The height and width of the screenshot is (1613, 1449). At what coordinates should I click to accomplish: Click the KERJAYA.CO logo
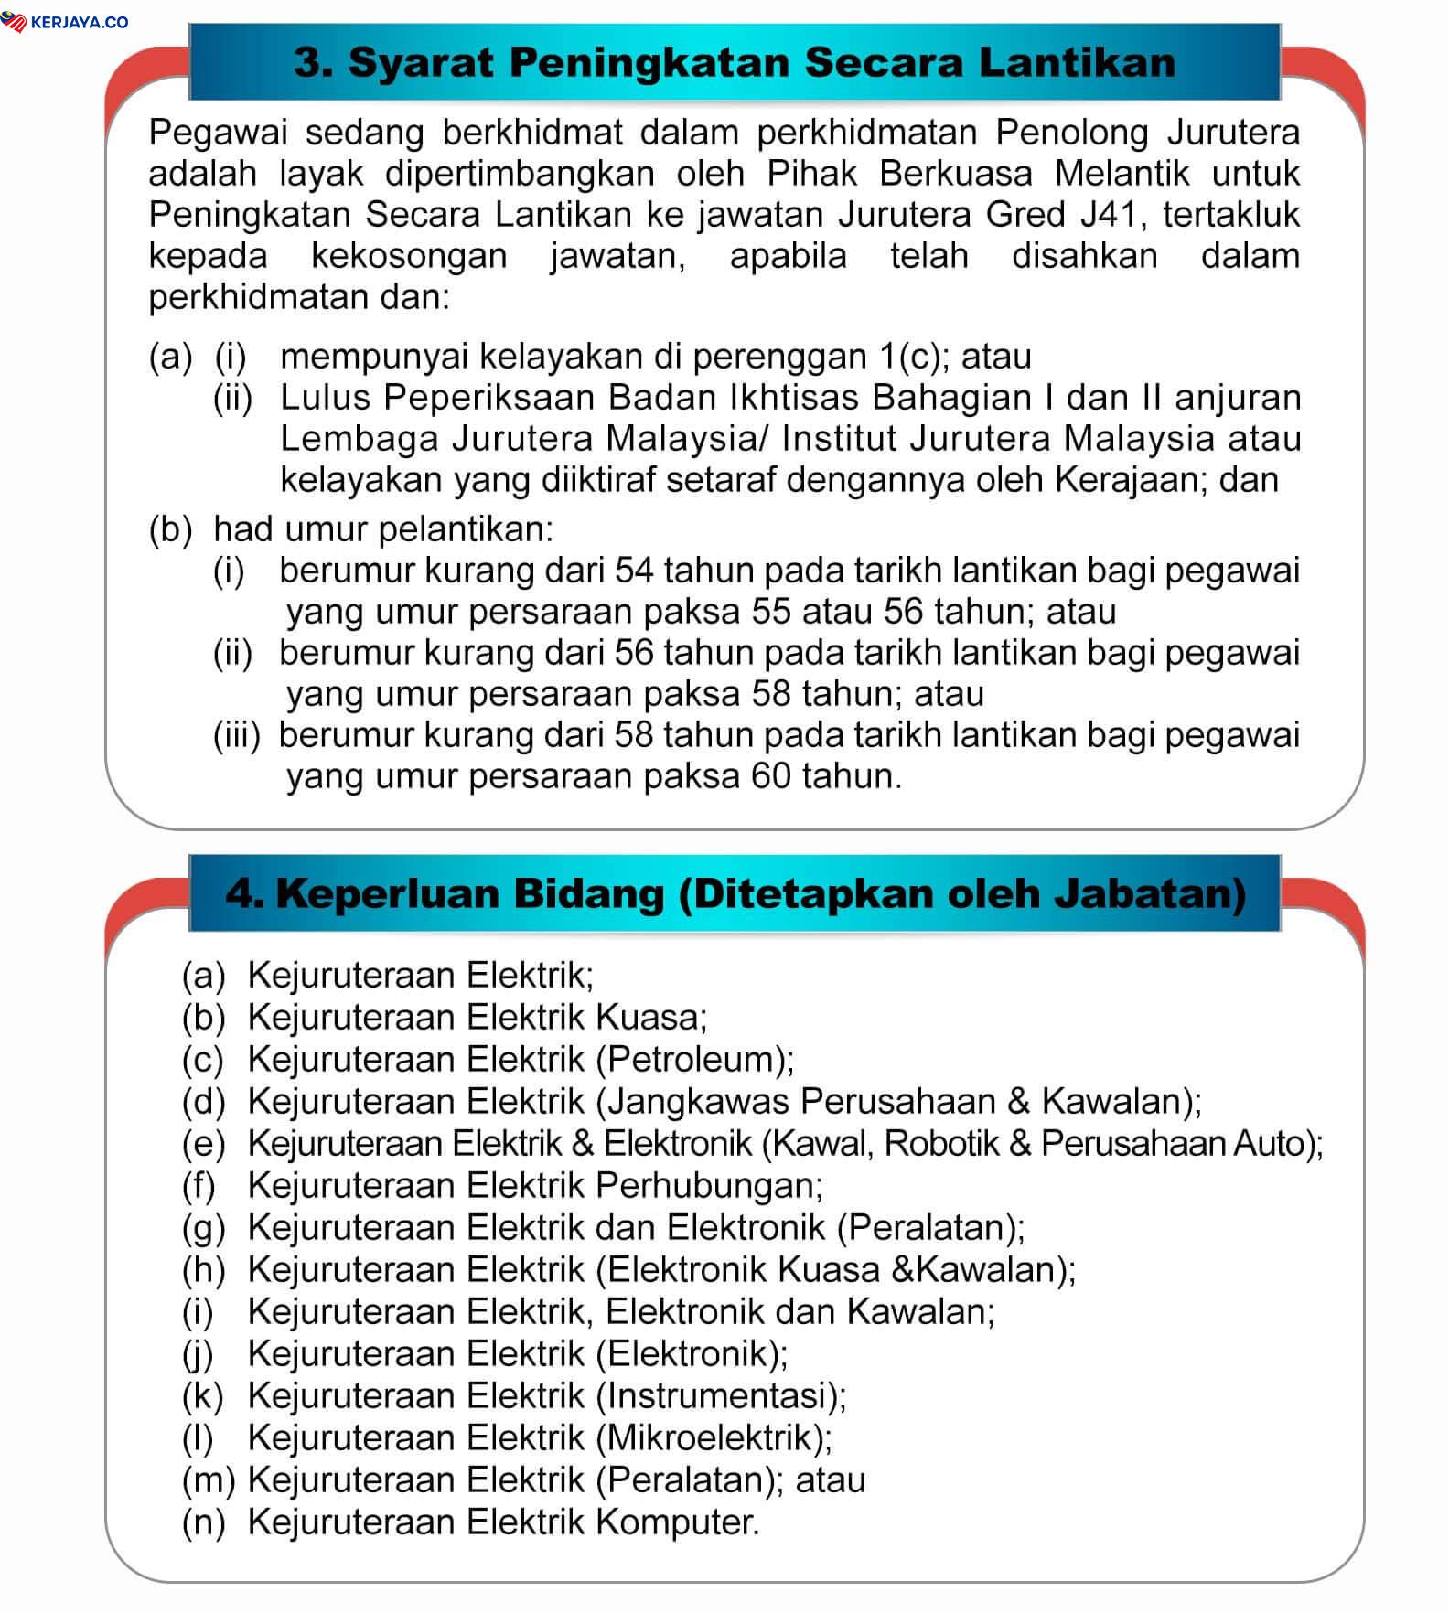click(66, 22)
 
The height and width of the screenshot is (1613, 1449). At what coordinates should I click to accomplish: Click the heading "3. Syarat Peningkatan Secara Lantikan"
click(734, 62)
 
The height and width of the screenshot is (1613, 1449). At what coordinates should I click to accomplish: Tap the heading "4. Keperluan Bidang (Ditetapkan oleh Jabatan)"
click(735, 893)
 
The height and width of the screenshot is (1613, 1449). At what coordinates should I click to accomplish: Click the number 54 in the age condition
click(634, 570)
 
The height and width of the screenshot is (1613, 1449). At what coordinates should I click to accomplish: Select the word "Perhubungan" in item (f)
click(706, 1185)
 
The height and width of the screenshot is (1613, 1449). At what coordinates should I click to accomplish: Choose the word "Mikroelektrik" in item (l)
click(709, 1437)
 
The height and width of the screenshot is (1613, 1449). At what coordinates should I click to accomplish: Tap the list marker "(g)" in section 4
click(203, 1227)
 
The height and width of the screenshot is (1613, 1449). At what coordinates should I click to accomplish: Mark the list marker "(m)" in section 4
click(209, 1479)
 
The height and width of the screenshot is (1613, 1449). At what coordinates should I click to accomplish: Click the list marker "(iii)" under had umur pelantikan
click(236, 735)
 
